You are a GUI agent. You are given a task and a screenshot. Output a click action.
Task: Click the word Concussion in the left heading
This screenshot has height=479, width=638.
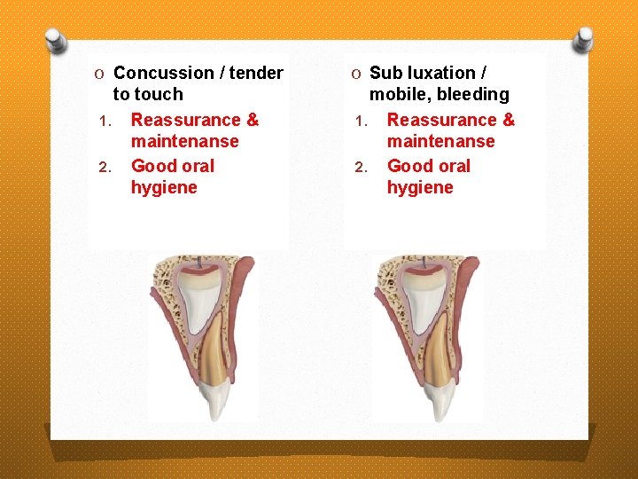pyautogui.click(x=163, y=73)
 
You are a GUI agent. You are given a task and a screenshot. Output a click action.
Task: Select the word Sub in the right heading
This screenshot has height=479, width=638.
pyautogui.click(x=385, y=73)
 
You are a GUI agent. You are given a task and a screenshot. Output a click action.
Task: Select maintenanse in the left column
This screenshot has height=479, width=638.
pyautogui.click(x=184, y=141)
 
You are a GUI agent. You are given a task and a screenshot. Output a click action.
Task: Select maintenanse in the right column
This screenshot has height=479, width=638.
pyautogui.click(x=440, y=141)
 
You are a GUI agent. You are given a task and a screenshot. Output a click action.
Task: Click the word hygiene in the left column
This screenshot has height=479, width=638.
pyautogui.click(x=164, y=187)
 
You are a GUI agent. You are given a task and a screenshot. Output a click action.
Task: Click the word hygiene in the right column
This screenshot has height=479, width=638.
pyautogui.click(x=420, y=187)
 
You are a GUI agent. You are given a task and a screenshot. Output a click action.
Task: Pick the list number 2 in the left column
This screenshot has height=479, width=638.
pyautogui.click(x=103, y=168)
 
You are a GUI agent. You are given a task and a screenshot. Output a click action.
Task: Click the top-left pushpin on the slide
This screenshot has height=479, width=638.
pyautogui.click(x=57, y=39)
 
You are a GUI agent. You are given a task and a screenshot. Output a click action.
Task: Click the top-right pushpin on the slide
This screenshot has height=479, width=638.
pyautogui.click(x=583, y=39)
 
